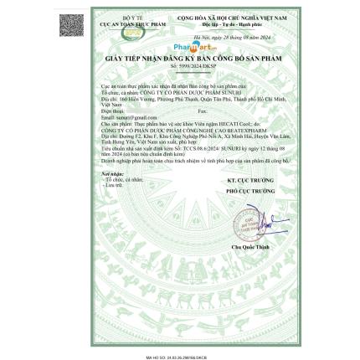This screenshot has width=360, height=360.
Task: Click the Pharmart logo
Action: [189, 49]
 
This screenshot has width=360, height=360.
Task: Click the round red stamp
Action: [249, 220]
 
